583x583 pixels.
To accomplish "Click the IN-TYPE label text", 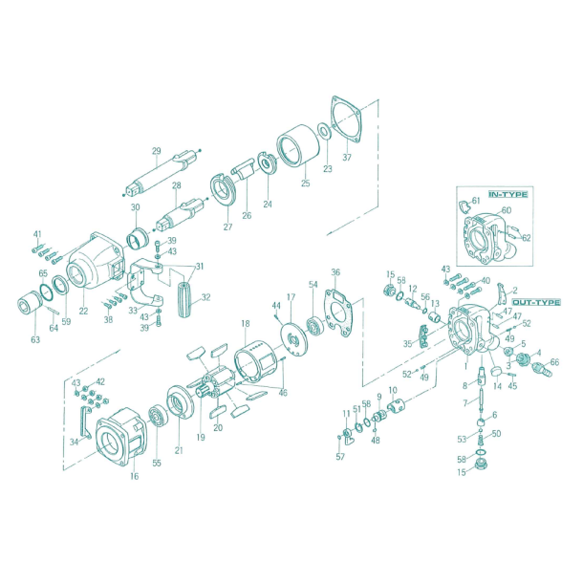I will click(x=507, y=194).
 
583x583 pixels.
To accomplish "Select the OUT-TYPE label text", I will click(x=535, y=302).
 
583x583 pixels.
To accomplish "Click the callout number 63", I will click(x=35, y=339).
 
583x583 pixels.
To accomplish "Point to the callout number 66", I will click(x=554, y=363).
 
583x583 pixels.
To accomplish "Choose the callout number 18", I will click(x=246, y=324).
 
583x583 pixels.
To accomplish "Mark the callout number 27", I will click(x=228, y=227).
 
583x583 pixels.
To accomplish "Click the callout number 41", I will click(x=38, y=234).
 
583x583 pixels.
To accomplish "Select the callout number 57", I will click(x=340, y=457).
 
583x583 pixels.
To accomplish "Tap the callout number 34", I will click(x=74, y=442).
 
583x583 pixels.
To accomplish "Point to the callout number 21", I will click(x=178, y=450).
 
